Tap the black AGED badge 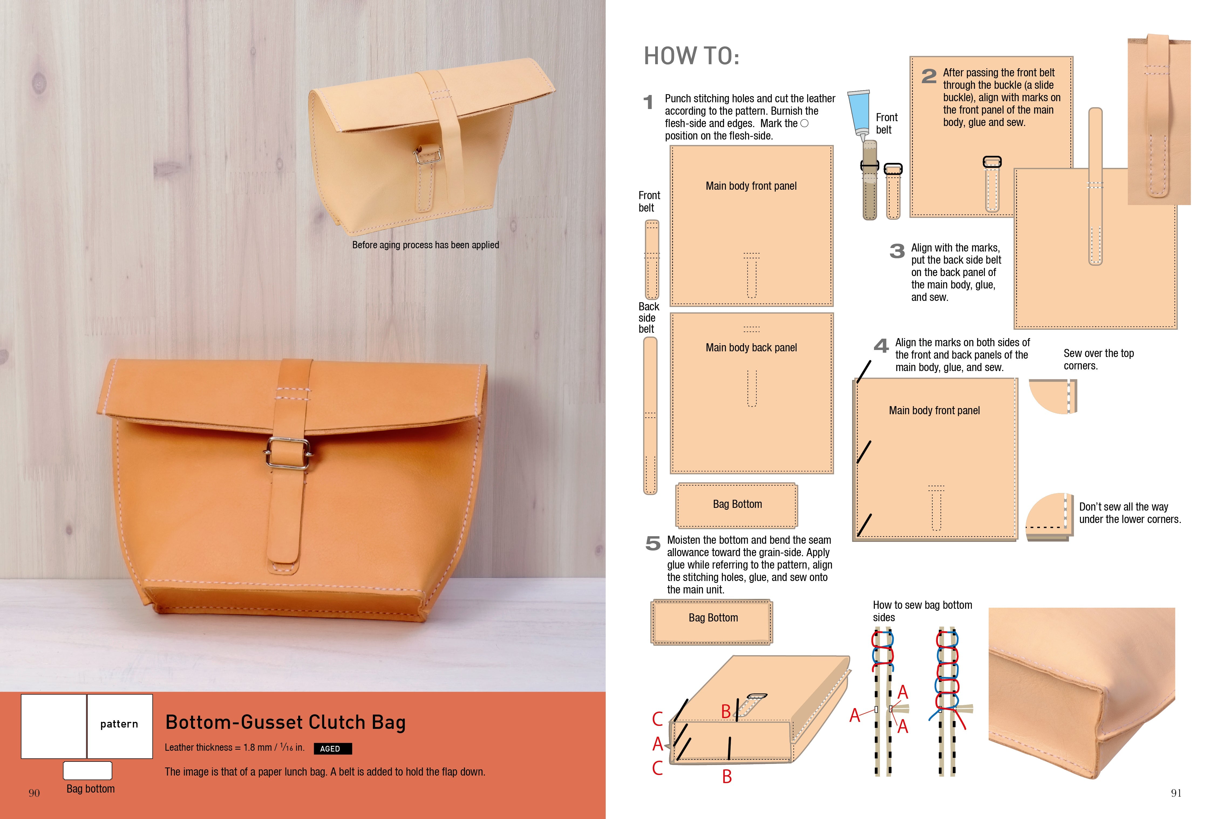pos(332,749)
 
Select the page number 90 pos(34,793)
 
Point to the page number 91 pos(1176,793)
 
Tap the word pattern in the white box pos(119,724)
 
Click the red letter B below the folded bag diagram pos(727,777)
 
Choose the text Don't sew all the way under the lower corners pos(1130,513)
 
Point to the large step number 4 pos(881,346)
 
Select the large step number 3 pos(897,251)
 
